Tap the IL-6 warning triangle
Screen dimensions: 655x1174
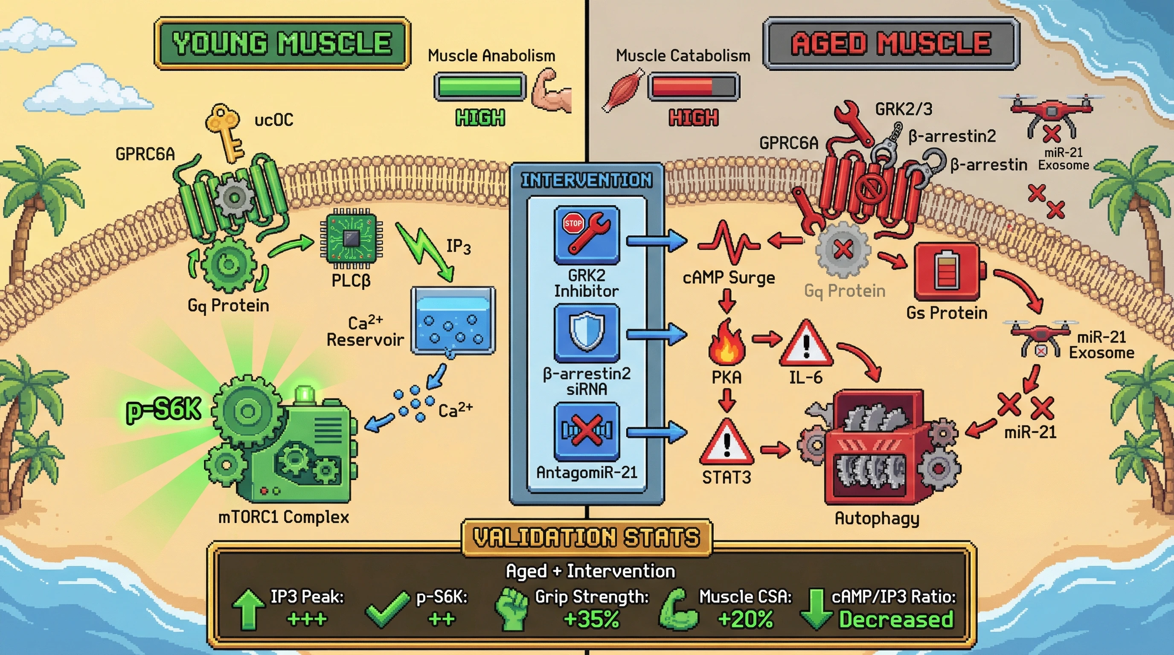pyautogui.click(x=806, y=345)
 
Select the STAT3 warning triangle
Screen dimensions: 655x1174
pyautogui.click(x=726, y=443)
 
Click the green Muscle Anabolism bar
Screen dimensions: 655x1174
pyautogui.click(x=479, y=87)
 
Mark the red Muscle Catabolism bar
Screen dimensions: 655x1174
pyautogui.click(x=693, y=87)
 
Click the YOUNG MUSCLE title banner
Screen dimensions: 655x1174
pyautogui.click(x=282, y=43)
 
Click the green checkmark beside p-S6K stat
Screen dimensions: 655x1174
pyautogui.click(x=387, y=610)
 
